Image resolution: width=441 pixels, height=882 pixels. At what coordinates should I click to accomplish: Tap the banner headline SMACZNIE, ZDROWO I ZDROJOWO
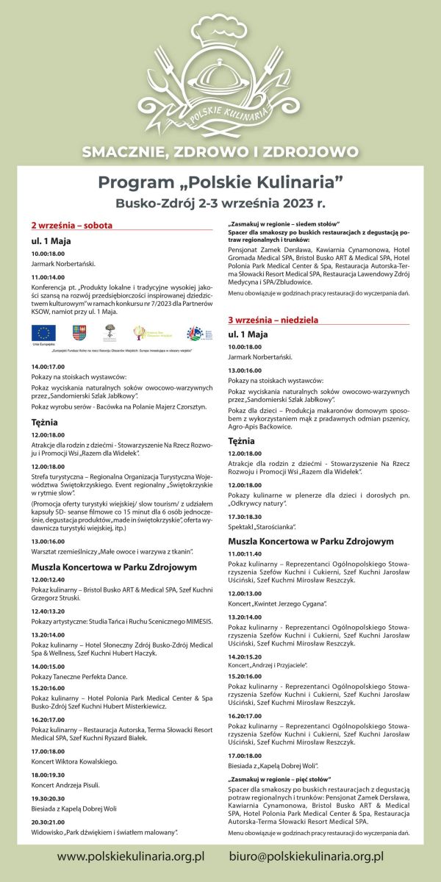(x=220, y=152)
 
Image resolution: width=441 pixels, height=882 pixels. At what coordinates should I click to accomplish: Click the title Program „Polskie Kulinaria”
(x=220, y=182)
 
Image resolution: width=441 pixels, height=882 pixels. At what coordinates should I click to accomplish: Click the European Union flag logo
(x=43, y=333)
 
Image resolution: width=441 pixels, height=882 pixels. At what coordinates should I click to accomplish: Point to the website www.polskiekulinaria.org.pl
(x=130, y=856)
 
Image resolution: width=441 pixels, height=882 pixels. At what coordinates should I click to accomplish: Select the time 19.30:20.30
(x=49, y=797)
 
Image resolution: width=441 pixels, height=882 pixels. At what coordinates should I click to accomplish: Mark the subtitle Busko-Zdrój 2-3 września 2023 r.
(x=220, y=202)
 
